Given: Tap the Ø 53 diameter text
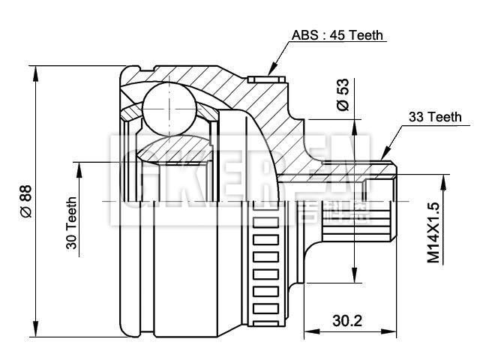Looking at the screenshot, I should coord(343,94).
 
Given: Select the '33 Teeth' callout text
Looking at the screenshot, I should coord(434,117).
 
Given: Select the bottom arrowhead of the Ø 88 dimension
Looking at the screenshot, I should coord(36,331).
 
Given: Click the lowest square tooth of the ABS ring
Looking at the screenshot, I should coord(262,306).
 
